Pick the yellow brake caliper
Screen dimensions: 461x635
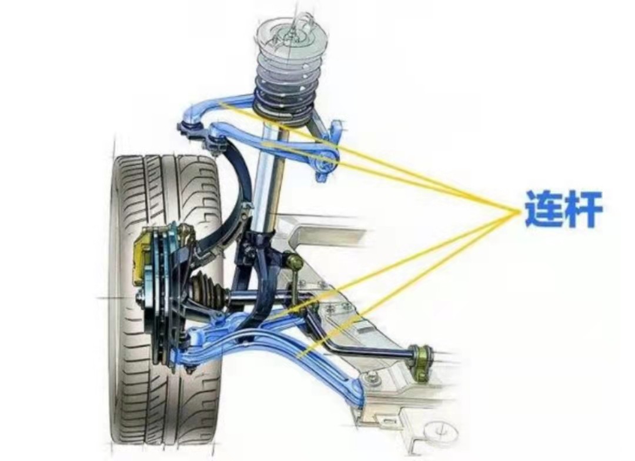click(143, 256)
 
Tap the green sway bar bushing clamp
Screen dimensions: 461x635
click(422, 355)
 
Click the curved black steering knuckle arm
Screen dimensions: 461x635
click(238, 176)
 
